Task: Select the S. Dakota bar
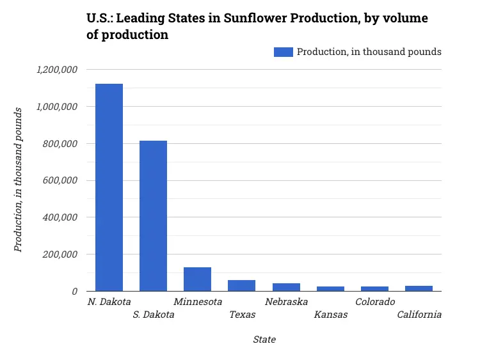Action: point(153,215)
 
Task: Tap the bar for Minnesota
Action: point(197,279)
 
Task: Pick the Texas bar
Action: point(241,285)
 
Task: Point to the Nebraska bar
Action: point(286,287)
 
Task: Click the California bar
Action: point(419,288)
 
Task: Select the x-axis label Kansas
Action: point(331,315)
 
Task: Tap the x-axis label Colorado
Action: point(375,302)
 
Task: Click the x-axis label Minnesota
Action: point(198,302)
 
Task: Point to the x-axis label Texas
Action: point(243,315)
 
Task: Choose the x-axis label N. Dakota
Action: point(109,302)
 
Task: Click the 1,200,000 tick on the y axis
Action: point(57,70)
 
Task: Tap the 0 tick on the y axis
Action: point(75,292)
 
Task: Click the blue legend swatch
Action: point(283,52)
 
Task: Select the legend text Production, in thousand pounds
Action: point(369,52)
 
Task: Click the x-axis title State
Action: point(264,340)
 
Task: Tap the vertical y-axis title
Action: point(19,180)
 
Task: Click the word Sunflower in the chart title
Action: point(255,19)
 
